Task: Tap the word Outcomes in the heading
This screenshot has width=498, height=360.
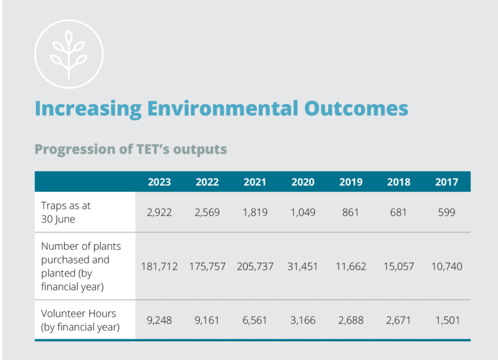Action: [355, 107]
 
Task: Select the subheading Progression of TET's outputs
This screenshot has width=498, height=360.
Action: [131, 149]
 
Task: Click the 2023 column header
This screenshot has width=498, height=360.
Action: [159, 182]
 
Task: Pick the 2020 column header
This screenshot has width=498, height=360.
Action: [303, 182]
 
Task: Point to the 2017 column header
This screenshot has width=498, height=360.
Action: [446, 182]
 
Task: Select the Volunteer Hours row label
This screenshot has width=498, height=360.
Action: [78, 320]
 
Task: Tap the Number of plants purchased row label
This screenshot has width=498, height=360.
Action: [81, 266]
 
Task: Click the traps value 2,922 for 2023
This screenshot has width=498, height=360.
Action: [159, 212]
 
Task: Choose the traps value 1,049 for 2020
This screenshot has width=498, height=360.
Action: [303, 212]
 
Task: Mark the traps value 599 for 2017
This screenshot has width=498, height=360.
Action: [446, 212]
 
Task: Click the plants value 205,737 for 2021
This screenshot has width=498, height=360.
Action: [255, 267]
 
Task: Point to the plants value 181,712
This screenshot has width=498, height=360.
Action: [159, 267]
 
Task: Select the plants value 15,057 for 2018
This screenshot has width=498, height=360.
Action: [398, 267]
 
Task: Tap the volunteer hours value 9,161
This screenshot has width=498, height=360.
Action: [207, 320]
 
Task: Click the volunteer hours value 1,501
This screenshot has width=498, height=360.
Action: [446, 320]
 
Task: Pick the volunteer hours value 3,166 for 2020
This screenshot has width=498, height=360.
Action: [303, 320]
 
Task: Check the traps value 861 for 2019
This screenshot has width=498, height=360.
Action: [350, 212]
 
